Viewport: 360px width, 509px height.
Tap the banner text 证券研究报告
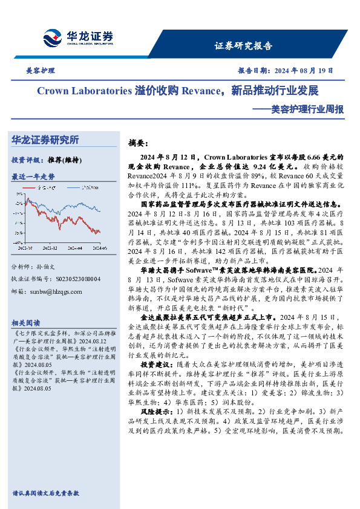[x=244, y=46]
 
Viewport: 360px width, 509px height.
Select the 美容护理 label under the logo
[x=41, y=71]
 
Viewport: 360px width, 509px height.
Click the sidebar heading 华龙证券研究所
[x=45, y=140]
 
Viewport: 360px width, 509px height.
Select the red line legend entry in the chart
[x=47, y=188]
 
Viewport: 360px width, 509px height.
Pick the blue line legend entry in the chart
[x=87, y=188]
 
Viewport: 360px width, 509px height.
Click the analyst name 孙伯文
[x=53, y=267]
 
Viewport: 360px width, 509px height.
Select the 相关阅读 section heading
[x=26, y=323]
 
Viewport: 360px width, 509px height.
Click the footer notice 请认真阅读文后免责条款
[x=45, y=493]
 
